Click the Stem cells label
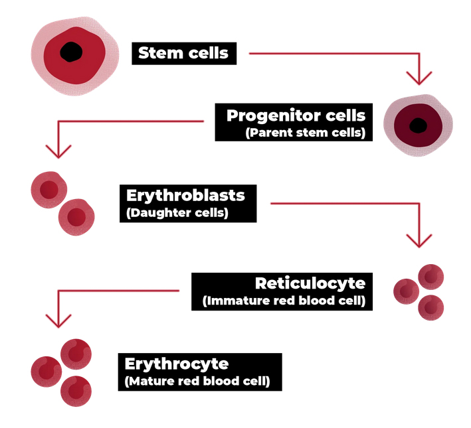(183, 53)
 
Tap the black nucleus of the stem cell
(71, 52)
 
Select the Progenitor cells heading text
(296, 115)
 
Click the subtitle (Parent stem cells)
(305, 132)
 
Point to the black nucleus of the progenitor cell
(419, 125)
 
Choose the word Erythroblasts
(185, 196)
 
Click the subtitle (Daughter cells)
(177, 213)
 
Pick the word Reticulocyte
(310, 283)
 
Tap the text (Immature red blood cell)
(283, 301)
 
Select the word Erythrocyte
(177, 364)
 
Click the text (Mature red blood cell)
(197, 382)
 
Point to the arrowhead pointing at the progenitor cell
(419, 78)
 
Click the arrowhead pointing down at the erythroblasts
(59, 151)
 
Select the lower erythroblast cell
(76, 217)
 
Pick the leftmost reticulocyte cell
(406, 291)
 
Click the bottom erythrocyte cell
(76, 391)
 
